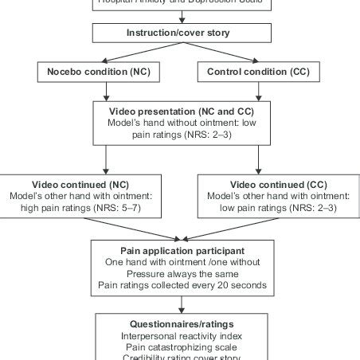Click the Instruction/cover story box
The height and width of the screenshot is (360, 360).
(178, 33)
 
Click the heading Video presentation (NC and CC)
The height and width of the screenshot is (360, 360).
(178, 110)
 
